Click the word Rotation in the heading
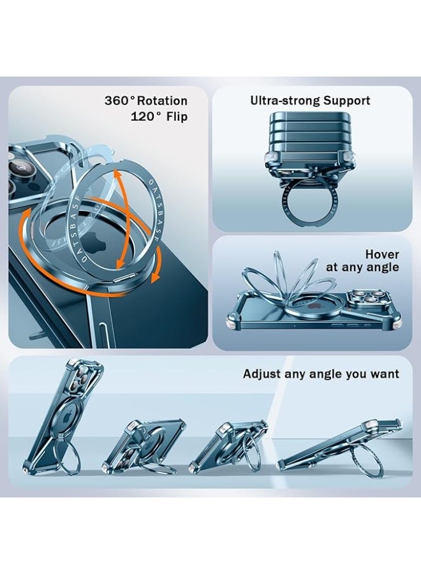click(162, 101)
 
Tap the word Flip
click(177, 117)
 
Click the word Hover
click(382, 254)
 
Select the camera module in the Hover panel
click(367, 297)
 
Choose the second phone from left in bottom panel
click(144, 445)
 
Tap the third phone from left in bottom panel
click(229, 446)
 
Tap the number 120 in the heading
click(143, 117)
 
